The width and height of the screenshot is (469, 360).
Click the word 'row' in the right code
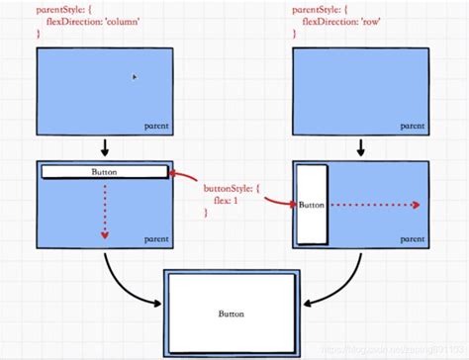pyautogui.click(x=368, y=21)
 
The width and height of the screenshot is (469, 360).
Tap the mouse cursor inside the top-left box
pyautogui.click(x=135, y=76)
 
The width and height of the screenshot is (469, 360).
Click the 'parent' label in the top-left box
pyautogui.click(x=155, y=127)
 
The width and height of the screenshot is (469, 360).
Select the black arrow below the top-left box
pyautogui.click(x=104, y=147)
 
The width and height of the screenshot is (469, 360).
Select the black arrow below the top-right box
pyautogui.click(x=360, y=147)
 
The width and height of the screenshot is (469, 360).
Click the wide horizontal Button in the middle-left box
pyautogui.click(x=104, y=172)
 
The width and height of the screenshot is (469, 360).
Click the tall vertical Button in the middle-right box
pyautogui.click(x=311, y=205)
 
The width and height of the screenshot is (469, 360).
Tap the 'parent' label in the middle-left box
pyautogui.click(x=155, y=238)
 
